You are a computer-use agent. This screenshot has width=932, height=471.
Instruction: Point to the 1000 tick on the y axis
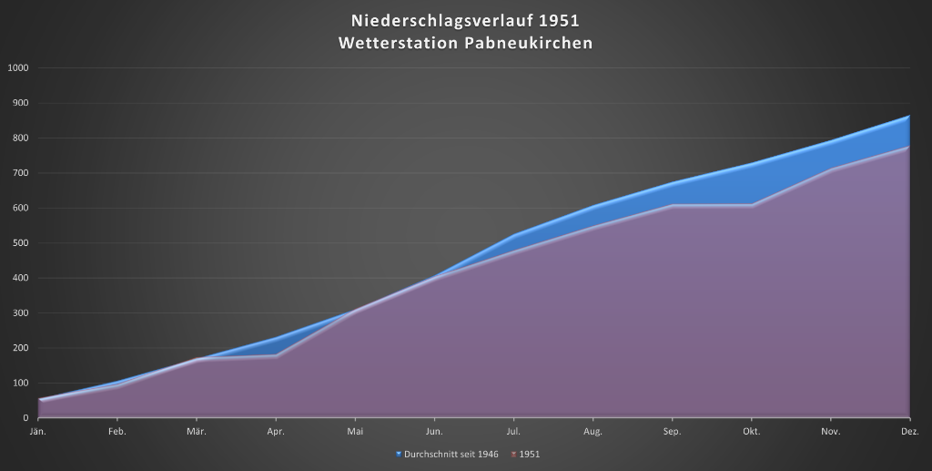pyautogui.click(x=18, y=68)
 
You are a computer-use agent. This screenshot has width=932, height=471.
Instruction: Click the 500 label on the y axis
pyautogui.click(x=20, y=243)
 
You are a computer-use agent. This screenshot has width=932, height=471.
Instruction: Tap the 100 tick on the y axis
pyautogui.click(x=20, y=384)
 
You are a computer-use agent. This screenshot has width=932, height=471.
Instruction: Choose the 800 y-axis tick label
pyautogui.click(x=20, y=138)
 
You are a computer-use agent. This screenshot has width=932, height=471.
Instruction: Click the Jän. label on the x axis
pyautogui.click(x=38, y=430)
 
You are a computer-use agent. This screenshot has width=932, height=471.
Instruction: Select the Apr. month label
pyautogui.click(x=275, y=430)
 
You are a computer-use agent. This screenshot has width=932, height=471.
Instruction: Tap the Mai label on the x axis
pyautogui.click(x=355, y=430)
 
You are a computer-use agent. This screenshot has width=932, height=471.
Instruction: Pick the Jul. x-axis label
pyautogui.click(x=513, y=430)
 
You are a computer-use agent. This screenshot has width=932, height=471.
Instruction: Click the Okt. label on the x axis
pyautogui.click(x=752, y=430)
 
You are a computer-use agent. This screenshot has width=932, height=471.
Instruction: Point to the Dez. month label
pyautogui.click(x=910, y=430)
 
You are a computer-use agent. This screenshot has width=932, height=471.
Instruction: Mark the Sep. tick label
pyautogui.click(x=673, y=430)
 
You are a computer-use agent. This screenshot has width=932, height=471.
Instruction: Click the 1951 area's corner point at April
pyautogui.click(x=276, y=355)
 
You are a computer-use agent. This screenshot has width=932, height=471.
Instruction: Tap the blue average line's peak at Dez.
pyautogui.click(x=909, y=116)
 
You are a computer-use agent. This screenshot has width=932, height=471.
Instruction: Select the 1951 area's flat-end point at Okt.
pyautogui.click(x=752, y=205)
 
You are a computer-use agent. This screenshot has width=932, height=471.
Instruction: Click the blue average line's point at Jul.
pyautogui.click(x=514, y=235)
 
